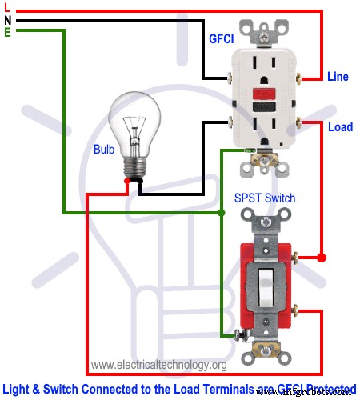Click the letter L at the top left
pyautogui.click(x=7, y=9)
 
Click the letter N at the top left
pyautogui.click(x=7, y=20)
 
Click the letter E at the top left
pyautogui.click(x=7, y=31)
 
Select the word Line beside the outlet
pyautogui.click(x=338, y=77)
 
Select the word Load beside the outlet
pyautogui.click(x=340, y=126)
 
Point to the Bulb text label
pyautogui.click(x=103, y=148)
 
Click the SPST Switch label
pyautogui.click(x=265, y=198)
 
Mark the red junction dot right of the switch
pyautogui.click(x=322, y=258)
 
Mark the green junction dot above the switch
pyautogui.click(x=222, y=214)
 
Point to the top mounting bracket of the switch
pyautogui.click(x=265, y=219)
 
